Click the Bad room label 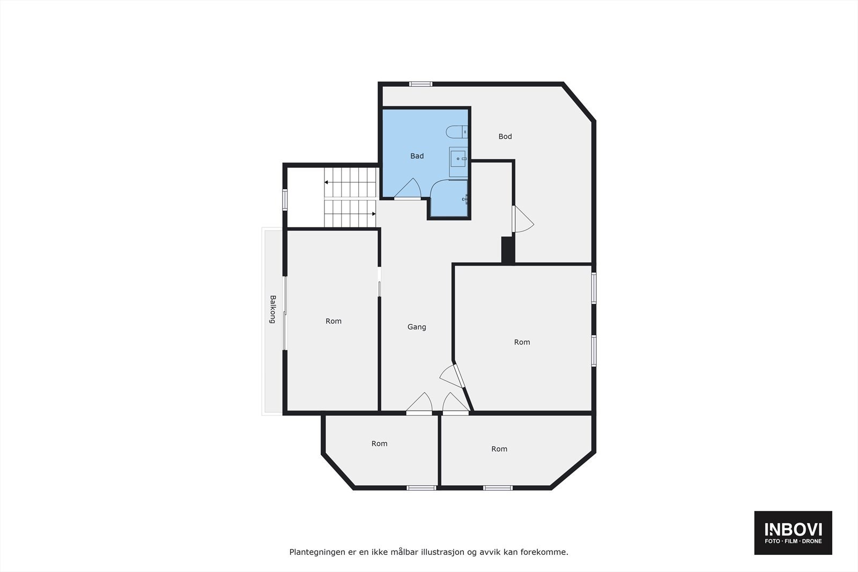tap(417, 156)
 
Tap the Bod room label tap(505, 137)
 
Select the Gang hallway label tap(417, 327)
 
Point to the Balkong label tap(272, 309)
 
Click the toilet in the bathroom tap(457, 131)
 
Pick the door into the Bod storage tap(522, 219)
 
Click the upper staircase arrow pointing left tap(326, 182)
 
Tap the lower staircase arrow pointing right tap(373, 214)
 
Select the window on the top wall tap(420, 84)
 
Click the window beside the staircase tap(285, 200)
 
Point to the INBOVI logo tap(793, 532)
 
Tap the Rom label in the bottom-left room tap(379, 444)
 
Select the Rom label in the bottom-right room tap(499, 449)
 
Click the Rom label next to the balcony tap(334, 321)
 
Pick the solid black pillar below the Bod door tap(507, 250)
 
